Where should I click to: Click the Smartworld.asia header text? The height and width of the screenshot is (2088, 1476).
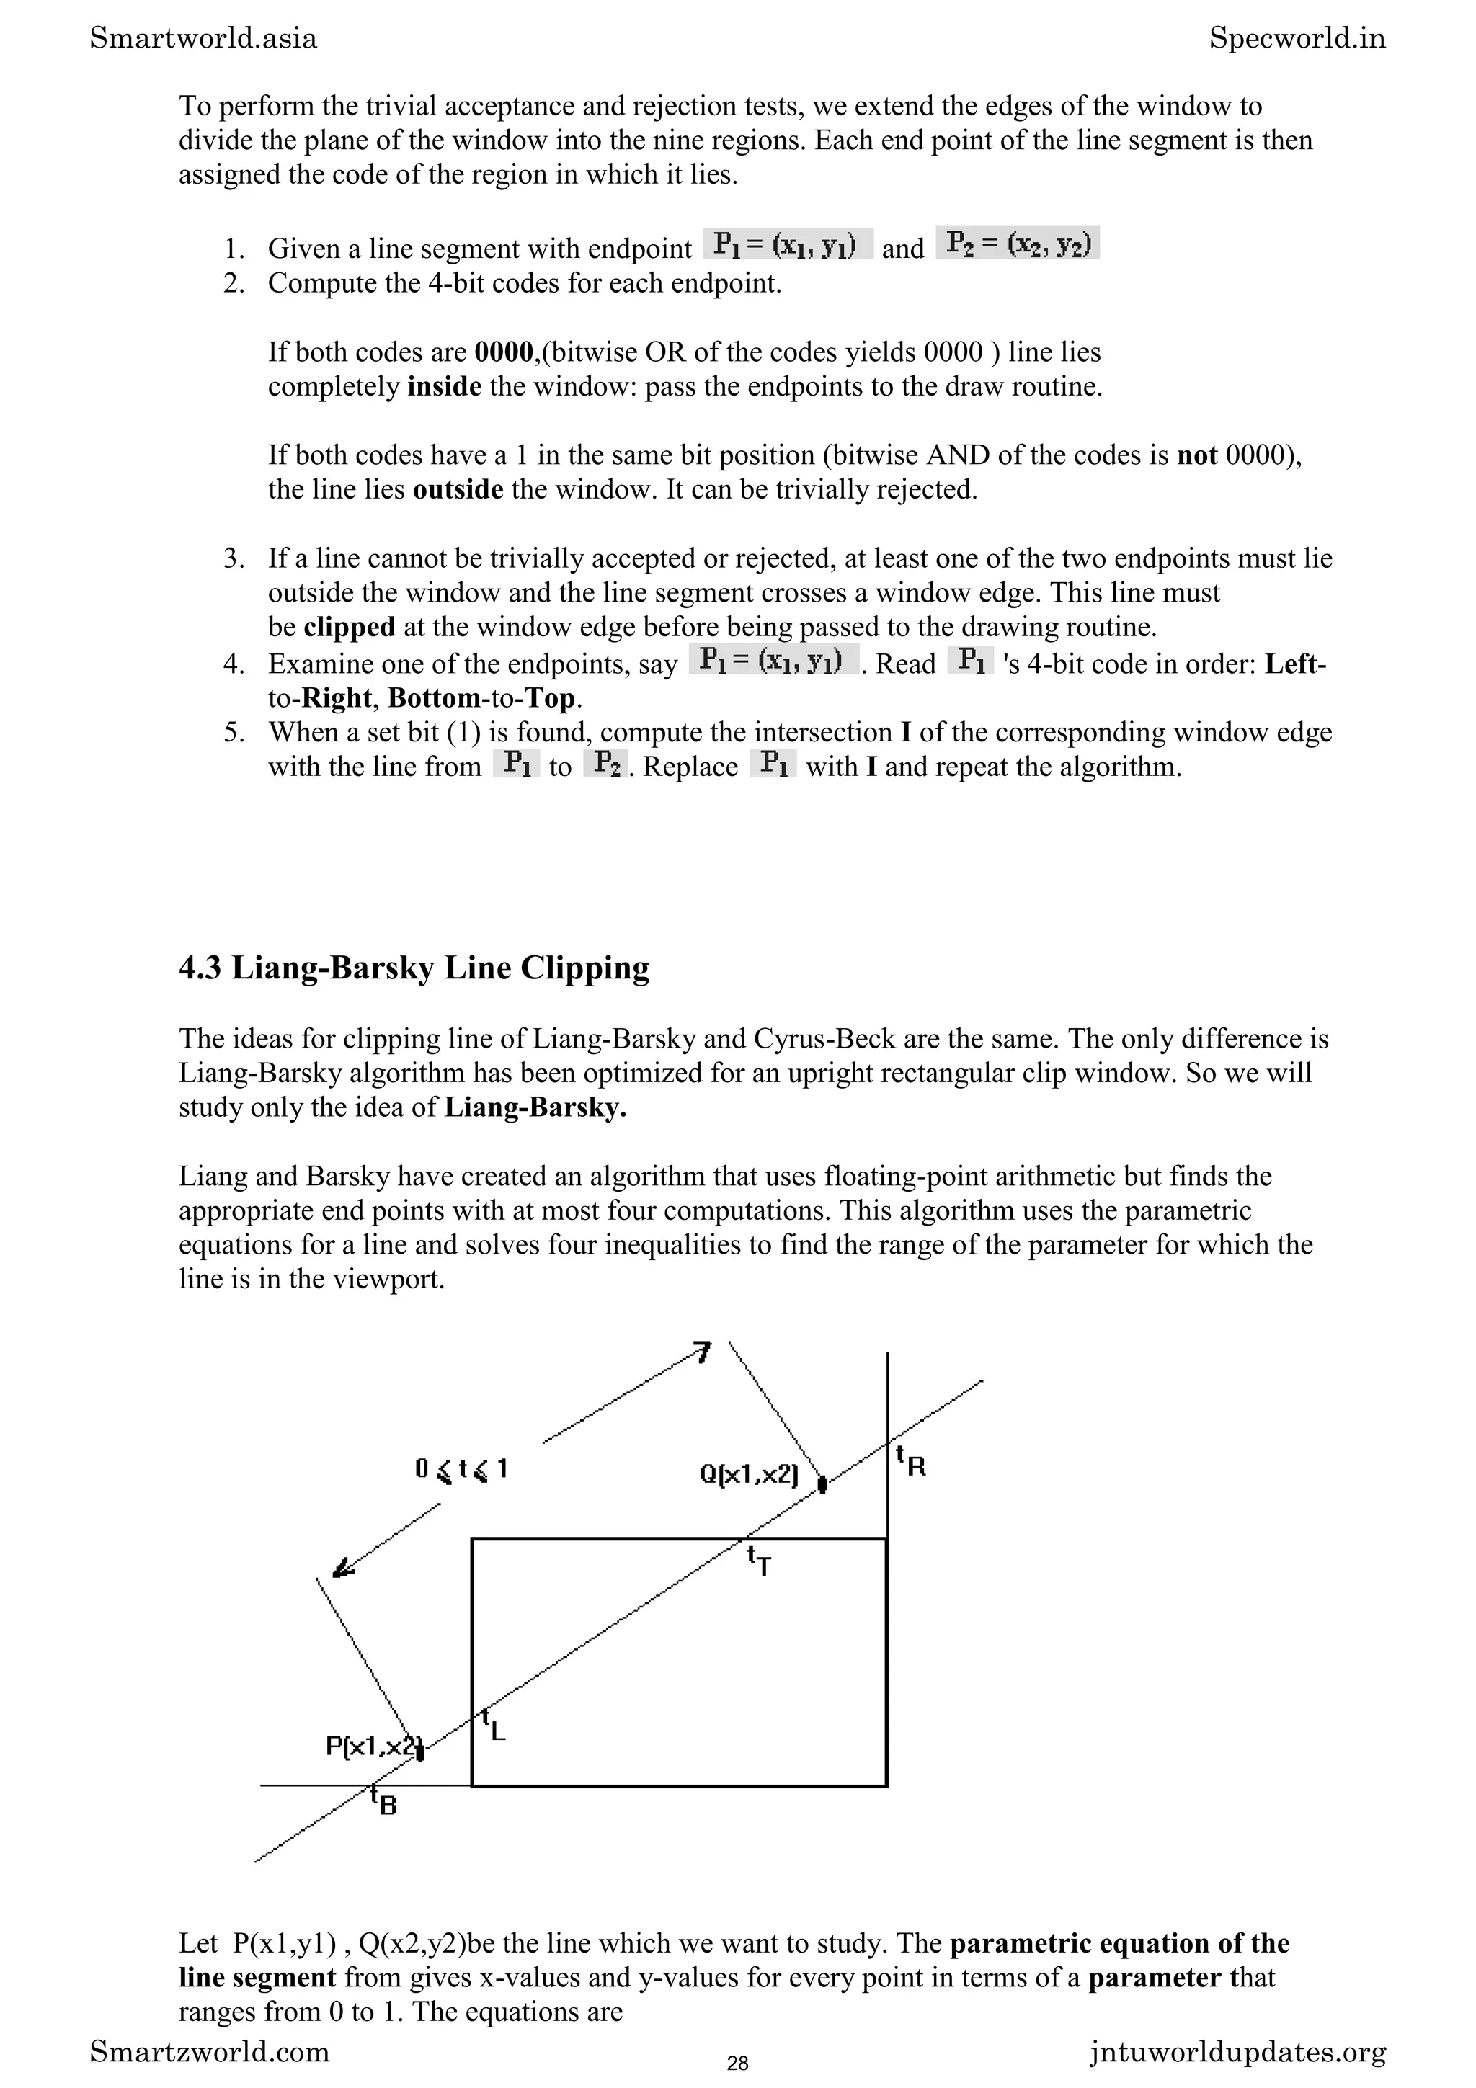tap(204, 38)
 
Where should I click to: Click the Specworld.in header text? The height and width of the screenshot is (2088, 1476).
tap(1297, 38)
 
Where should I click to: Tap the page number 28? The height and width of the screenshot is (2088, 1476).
tap(737, 2064)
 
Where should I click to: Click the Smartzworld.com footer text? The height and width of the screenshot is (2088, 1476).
tap(210, 2052)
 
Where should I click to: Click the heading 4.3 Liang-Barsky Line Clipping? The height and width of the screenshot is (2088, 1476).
tap(414, 968)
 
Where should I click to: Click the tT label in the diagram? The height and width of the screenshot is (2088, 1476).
tap(760, 1561)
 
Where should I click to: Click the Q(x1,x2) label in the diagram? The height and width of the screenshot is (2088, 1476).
tap(749, 1474)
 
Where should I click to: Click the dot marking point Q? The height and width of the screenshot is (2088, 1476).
tap(822, 1485)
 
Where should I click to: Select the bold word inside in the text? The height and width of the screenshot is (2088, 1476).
tap(444, 386)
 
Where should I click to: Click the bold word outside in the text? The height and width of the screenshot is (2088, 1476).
tap(458, 489)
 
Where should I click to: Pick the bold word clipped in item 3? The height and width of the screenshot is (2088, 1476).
tap(350, 628)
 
